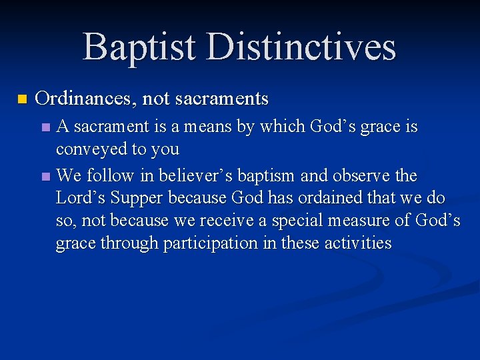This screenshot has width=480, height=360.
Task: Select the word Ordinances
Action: tap(85, 99)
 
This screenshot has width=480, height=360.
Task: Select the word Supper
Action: tap(138, 199)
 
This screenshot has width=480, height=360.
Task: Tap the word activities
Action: tap(357, 243)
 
